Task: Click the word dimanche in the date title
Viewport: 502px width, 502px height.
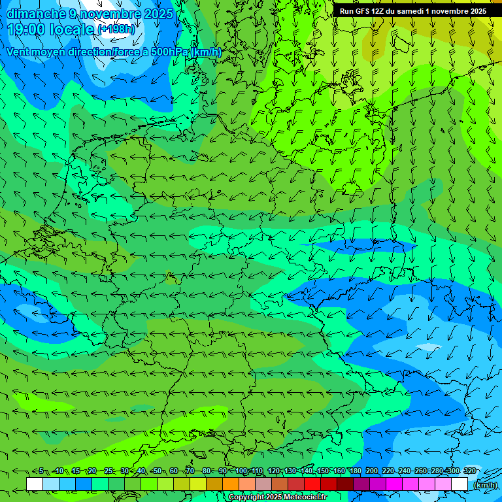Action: click(35, 14)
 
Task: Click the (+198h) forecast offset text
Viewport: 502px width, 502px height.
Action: click(116, 29)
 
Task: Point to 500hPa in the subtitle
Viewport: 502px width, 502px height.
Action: click(169, 52)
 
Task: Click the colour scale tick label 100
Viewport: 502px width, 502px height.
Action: click(241, 471)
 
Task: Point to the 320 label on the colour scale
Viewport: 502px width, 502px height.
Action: click(470, 471)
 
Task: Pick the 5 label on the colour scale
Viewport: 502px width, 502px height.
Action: click(41, 471)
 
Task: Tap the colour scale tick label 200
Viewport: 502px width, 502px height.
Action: click(372, 471)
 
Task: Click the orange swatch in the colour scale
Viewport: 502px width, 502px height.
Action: click(231, 484)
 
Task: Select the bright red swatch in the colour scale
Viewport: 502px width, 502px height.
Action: click(312, 484)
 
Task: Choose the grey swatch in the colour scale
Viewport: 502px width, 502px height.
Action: click(263, 484)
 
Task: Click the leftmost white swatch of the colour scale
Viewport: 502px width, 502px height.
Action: click(35, 484)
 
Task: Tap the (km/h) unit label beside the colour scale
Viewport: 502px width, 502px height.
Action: click(485, 485)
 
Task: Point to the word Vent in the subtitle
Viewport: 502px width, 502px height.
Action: click(18, 52)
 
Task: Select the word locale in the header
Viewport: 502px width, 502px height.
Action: click(71, 29)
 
